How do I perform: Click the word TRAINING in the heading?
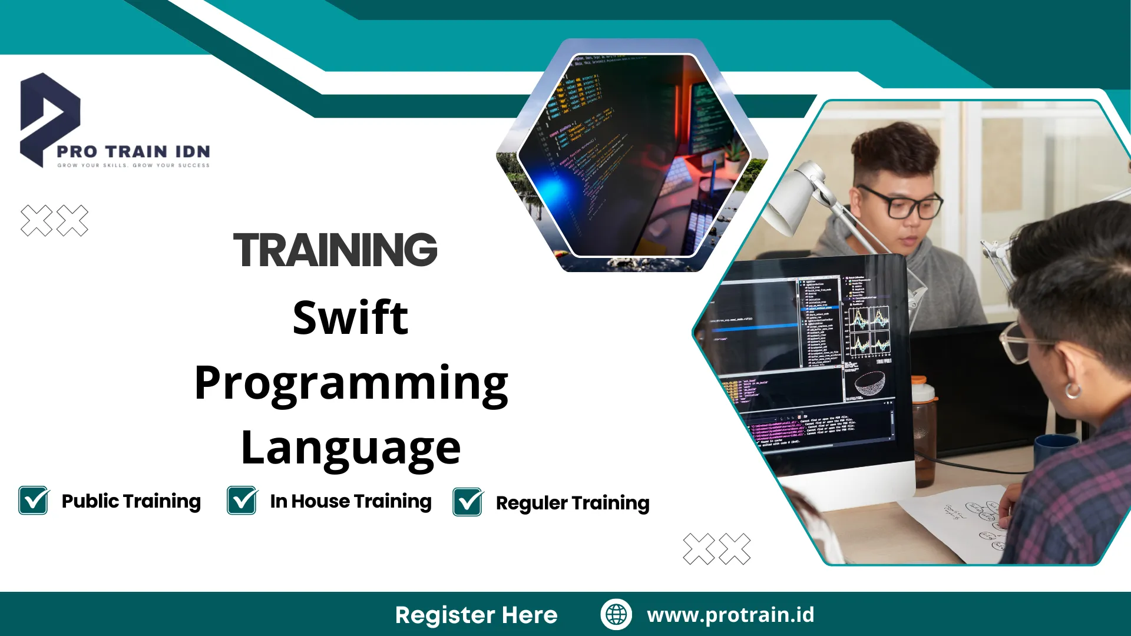(335, 250)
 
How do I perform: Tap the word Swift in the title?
(350, 318)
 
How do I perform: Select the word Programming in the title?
(351, 383)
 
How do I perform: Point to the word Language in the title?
(350, 448)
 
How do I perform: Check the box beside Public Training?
(34, 501)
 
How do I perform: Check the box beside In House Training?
(242, 501)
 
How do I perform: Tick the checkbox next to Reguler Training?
(468, 502)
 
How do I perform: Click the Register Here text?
(476, 615)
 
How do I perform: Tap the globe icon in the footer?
(616, 614)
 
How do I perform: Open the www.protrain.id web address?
(730, 615)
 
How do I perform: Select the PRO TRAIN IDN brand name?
(133, 152)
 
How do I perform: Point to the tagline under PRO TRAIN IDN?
(133, 165)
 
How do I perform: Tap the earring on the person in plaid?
(1073, 390)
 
